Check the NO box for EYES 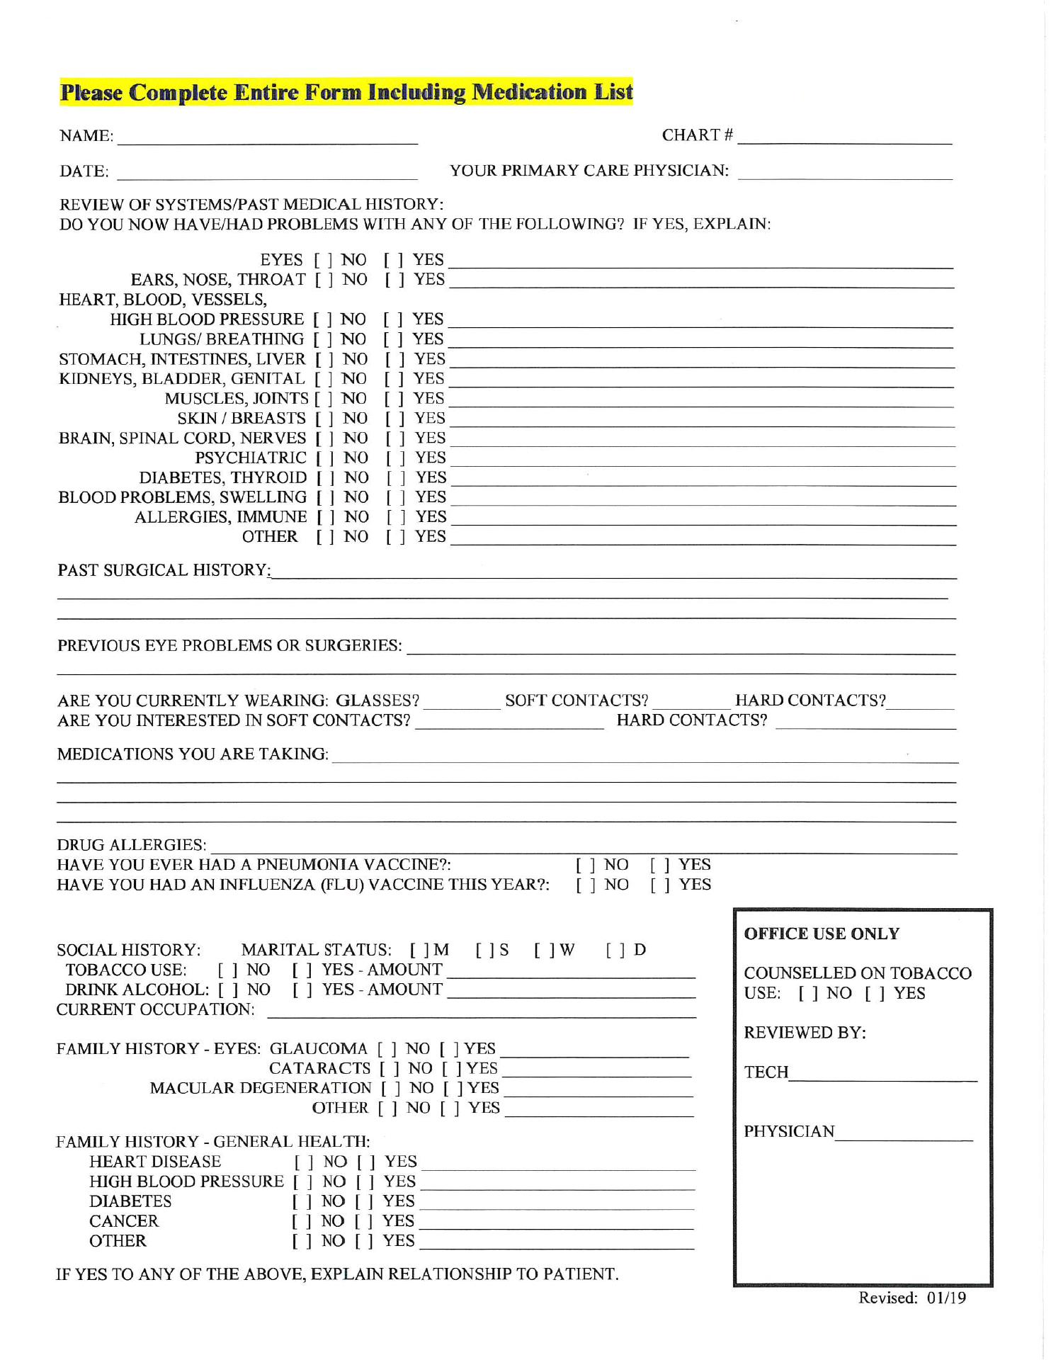click(323, 261)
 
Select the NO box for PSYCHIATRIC click(325, 458)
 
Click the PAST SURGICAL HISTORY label click(164, 570)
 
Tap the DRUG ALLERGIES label click(132, 845)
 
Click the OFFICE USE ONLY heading click(822, 934)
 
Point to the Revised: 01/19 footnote click(912, 1298)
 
